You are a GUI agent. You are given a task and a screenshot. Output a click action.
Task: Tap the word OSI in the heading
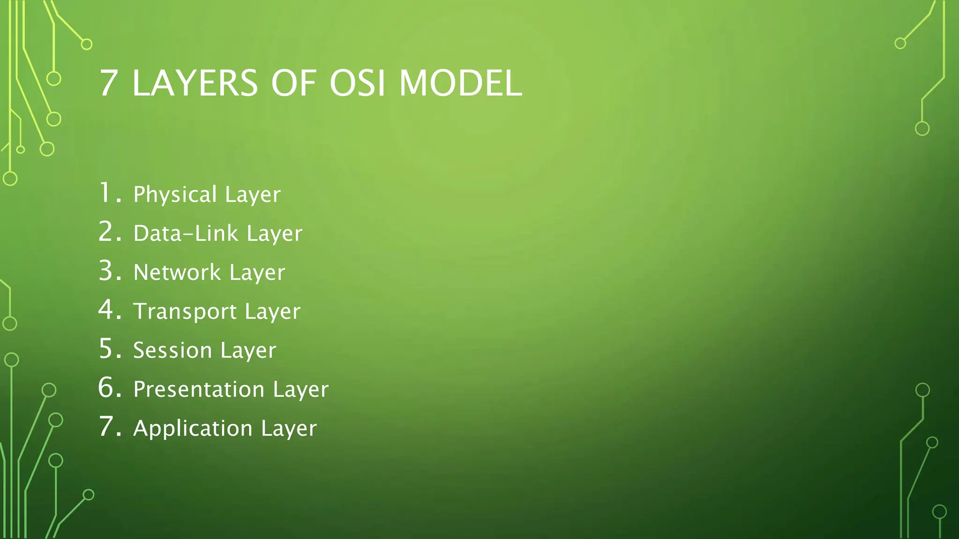[357, 83]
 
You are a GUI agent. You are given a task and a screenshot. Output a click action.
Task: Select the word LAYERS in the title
[195, 83]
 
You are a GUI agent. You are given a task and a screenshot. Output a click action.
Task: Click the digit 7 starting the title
[108, 83]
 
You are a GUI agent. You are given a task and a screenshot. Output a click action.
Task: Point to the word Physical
[175, 195]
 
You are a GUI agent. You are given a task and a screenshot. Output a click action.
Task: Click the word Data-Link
[185, 233]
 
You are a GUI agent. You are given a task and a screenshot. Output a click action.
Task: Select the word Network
[177, 272]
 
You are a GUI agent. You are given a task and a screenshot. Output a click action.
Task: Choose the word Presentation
[199, 389]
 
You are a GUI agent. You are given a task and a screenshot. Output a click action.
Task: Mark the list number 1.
[107, 193]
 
